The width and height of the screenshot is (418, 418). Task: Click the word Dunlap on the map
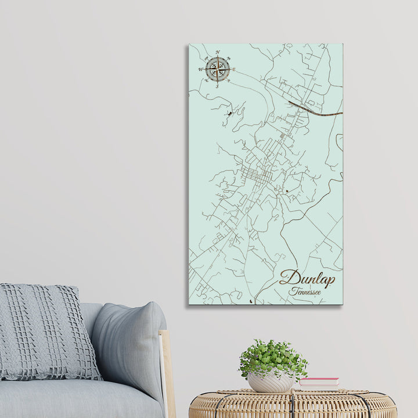pyautogui.click(x=307, y=279)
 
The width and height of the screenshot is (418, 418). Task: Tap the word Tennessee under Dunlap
pyautogui.click(x=306, y=292)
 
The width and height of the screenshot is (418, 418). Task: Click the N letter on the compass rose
pyautogui.click(x=217, y=52)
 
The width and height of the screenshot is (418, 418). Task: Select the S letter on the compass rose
pyautogui.click(x=217, y=86)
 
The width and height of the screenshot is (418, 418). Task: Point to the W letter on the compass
pyautogui.click(x=201, y=70)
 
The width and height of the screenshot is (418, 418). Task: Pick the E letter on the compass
pyautogui.click(x=233, y=69)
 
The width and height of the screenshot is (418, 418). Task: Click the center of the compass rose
pyautogui.click(x=217, y=69)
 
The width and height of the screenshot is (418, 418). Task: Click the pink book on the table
pyautogui.click(x=319, y=382)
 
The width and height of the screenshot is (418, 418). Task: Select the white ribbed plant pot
pyautogui.click(x=271, y=382)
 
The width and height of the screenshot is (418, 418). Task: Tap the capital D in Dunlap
pyautogui.click(x=289, y=278)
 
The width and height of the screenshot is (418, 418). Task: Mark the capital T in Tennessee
pyautogui.click(x=293, y=291)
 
